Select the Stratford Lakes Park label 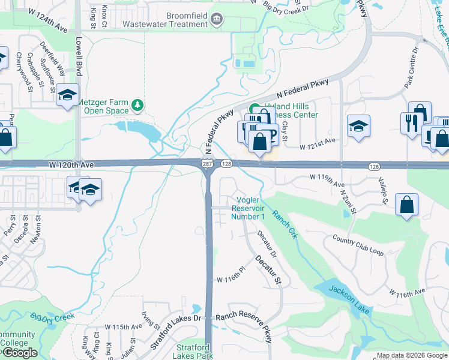point(195,352)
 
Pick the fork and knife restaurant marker point(411,122)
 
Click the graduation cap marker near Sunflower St point(68,95)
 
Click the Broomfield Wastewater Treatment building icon point(217,19)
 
